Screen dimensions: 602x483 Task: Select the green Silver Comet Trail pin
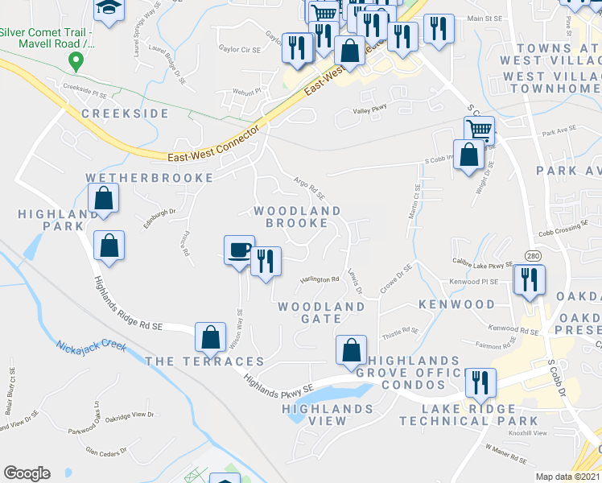[x=76, y=60]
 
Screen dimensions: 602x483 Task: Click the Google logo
[x=27, y=473]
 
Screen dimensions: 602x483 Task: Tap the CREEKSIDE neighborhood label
[x=125, y=114]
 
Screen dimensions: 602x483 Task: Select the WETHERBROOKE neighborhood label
[x=150, y=177]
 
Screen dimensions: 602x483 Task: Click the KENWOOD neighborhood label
[x=456, y=304]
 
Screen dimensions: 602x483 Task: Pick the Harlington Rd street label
[x=320, y=279]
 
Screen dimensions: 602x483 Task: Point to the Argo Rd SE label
[x=309, y=189]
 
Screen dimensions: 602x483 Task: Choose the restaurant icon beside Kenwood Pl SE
[x=529, y=279]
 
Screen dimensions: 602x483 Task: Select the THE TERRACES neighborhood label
[x=204, y=361]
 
